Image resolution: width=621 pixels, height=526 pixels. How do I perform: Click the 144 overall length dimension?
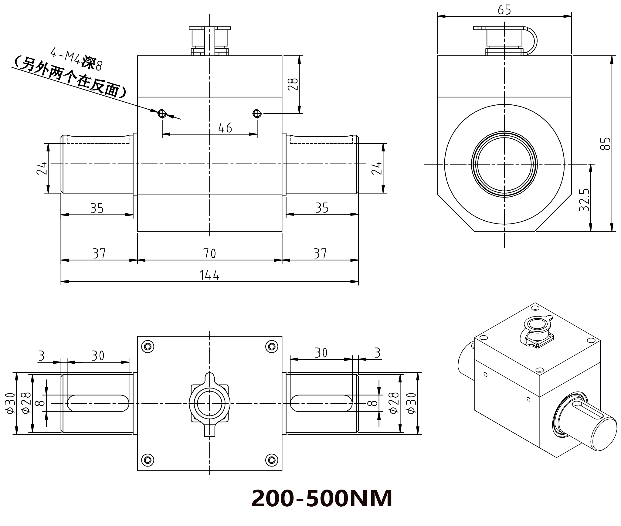click(x=209, y=275)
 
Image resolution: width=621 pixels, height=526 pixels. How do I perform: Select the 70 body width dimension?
click(x=209, y=253)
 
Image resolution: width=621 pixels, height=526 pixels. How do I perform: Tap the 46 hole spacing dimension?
click(x=225, y=128)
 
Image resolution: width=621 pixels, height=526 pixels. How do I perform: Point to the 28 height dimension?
click(x=293, y=84)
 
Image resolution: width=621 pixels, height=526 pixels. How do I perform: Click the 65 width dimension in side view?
click(x=504, y=10)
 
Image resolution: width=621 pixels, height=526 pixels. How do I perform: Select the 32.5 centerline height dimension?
click(x=584, y=200)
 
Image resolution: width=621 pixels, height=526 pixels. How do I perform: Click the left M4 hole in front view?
click(x=162, y=114)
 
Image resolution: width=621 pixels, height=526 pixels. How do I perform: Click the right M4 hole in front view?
click(x=257, y=114)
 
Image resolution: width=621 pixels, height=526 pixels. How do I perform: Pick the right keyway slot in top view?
click(x=321, y=403)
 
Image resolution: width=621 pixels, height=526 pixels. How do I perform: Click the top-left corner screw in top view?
click(x=148, y=346)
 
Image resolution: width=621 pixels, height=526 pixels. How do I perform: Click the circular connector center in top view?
click(x=210, y=404)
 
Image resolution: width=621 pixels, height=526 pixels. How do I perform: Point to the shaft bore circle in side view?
click(x=504, y=164)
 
